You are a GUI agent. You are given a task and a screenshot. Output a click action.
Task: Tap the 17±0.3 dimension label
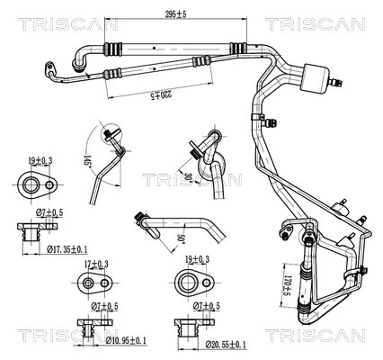coord(96,264)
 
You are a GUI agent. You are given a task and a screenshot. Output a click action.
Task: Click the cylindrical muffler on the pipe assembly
coord(317,76)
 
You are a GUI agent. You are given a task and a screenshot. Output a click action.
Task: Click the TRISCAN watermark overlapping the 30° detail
coord(191,181)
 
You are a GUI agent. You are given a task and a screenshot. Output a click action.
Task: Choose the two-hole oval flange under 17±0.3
coord(96,283)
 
